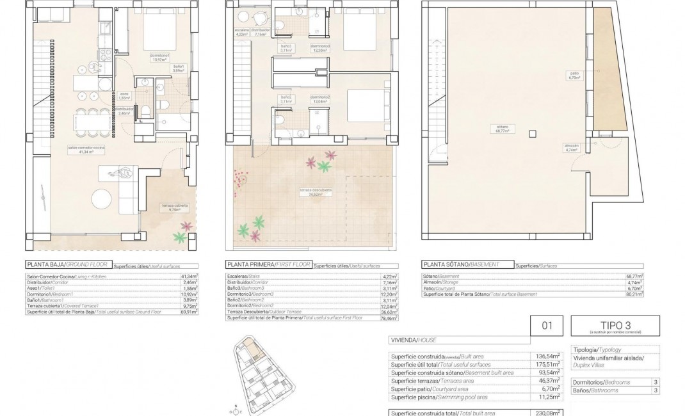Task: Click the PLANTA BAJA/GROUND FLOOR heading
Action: coord(67,264)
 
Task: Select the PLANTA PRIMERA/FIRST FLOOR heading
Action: coord(268,264)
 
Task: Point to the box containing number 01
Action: coord(547,326)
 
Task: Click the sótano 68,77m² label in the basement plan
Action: coord(501,128)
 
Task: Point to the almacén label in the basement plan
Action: coord(572,147)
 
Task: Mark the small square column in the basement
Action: coord(532,133)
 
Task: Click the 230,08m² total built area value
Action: coord(548,413)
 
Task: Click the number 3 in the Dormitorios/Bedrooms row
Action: coord(656,382)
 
